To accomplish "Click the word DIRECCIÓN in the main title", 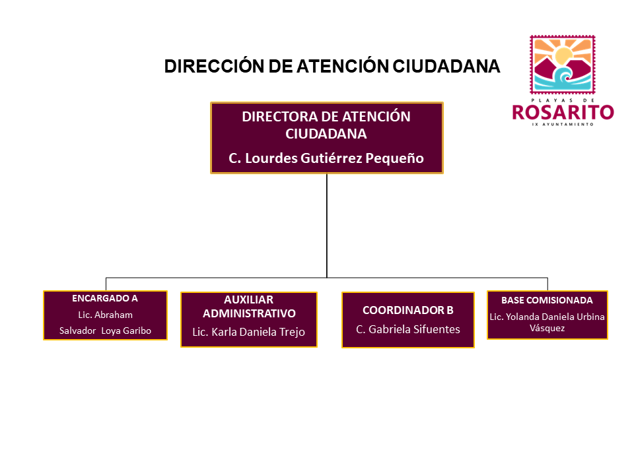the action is [x=214, y=66].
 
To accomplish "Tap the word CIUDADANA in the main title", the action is [x=446, y=66].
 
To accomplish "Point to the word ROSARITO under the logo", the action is [x=563, y=112].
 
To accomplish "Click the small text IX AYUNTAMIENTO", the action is [x=563, y=125].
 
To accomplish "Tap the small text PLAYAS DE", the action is [x=563, y=100].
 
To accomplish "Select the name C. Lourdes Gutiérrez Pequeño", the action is [x=326, y=158].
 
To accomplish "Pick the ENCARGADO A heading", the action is [x=105, y=298].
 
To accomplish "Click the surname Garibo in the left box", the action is [x=137, y=331].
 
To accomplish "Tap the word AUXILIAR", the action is [x=249, y=300].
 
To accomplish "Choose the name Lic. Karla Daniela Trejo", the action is [x=249, y=332].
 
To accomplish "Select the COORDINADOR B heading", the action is [x=408, y=310].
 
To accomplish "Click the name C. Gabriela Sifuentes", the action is [x=408, y=330].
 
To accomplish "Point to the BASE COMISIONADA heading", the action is [x=547, y=301].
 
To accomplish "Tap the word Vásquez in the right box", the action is [x=547, y=328].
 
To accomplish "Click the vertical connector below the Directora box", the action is [x=327, y=226].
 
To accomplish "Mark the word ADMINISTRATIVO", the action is [x=249, y=313].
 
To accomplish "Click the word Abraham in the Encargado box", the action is [x=114, y=315].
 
